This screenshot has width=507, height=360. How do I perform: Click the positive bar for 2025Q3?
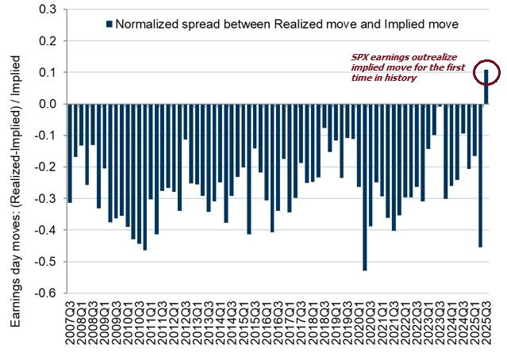click(486, 87)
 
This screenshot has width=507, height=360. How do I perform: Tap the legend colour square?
click(108, 24)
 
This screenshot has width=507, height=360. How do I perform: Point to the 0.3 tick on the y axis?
click(48, 10)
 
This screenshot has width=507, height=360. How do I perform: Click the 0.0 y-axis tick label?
click(48, 104)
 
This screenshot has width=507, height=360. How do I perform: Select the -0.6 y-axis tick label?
click(46, 293)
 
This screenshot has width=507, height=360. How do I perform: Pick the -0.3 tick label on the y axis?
click(46, 198)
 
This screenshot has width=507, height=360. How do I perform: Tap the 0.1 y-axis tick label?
click(48, 72)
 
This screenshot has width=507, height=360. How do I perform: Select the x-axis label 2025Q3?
click(486, 325)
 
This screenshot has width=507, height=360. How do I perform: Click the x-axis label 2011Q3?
click(163, 325)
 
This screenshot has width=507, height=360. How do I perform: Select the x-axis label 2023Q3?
click(440, 325)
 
